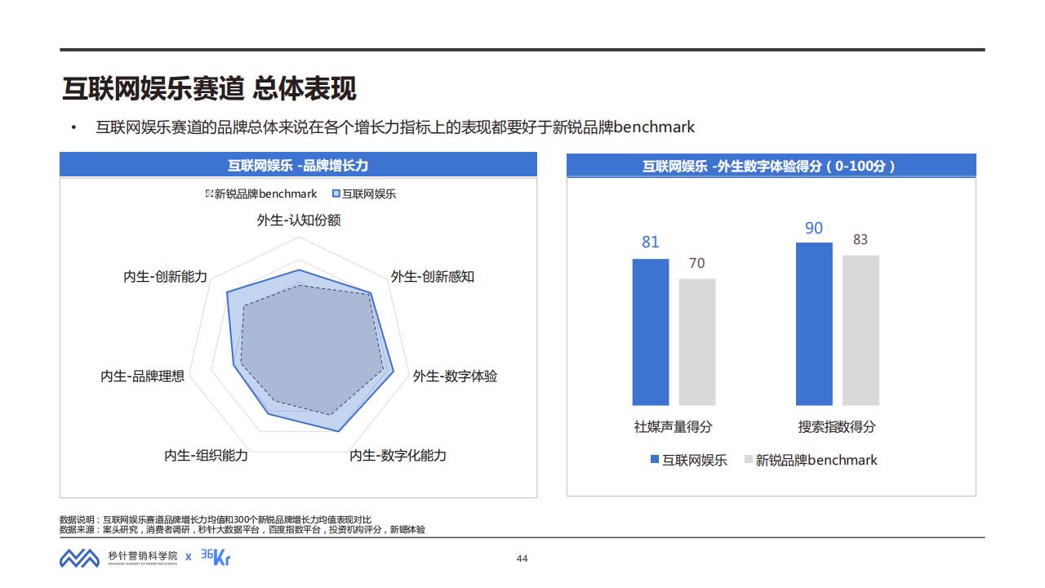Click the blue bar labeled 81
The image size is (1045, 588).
pos(651,332)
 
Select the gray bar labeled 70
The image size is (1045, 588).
pos(697,341)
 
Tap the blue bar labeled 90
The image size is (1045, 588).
pos(814,323)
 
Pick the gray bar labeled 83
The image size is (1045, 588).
pos(860,330)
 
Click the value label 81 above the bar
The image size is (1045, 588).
pos(651,242)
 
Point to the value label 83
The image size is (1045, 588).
pos(860,239)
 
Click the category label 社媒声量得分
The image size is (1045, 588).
pos(674,426)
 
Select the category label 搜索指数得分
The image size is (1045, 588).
pos(837,426)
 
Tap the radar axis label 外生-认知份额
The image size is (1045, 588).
pos(299,220)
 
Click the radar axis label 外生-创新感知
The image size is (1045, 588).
pos(432,276)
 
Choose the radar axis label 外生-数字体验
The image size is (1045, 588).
pos(455,376)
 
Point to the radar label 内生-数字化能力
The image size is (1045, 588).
pos(398,455)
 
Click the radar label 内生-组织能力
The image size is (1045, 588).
pos(206,455)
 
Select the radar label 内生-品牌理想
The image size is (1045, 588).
pos(143,376)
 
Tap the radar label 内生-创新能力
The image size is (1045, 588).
pos(166,276)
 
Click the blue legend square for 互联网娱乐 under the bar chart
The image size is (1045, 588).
pos(655,460)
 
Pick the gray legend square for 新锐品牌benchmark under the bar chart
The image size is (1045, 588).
pos(749,460)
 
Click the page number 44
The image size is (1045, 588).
pos(522,559)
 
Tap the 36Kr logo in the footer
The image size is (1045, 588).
pos(216,557)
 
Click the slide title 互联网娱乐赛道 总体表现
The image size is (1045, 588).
pos(209,88)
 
